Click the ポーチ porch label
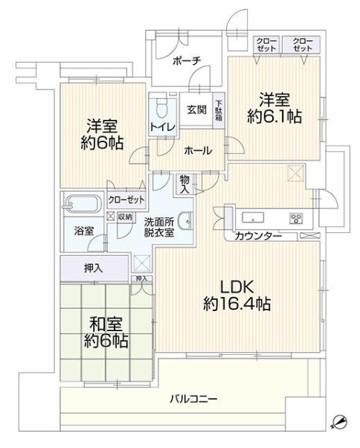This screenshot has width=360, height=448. point(187,61)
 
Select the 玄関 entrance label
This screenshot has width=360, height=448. point(197,109)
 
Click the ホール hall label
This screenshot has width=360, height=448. point(198,150)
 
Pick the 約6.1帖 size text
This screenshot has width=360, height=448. point(274,117)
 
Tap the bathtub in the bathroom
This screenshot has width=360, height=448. point(82,204)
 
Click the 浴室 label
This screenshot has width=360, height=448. point(84,231)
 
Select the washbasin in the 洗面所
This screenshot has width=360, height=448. point(186,220)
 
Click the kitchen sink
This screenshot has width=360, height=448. point(253,218)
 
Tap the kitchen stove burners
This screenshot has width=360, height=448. point(296,218)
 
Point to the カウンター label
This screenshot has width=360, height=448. point(259,236)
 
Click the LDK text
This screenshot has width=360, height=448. point(237,287)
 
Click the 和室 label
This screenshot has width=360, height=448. point(106,324)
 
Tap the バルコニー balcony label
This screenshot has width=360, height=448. point(194,398)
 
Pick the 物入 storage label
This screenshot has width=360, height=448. point(184,185)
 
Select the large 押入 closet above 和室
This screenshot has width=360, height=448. point(94,269)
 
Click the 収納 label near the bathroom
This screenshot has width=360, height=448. point(125,217)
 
